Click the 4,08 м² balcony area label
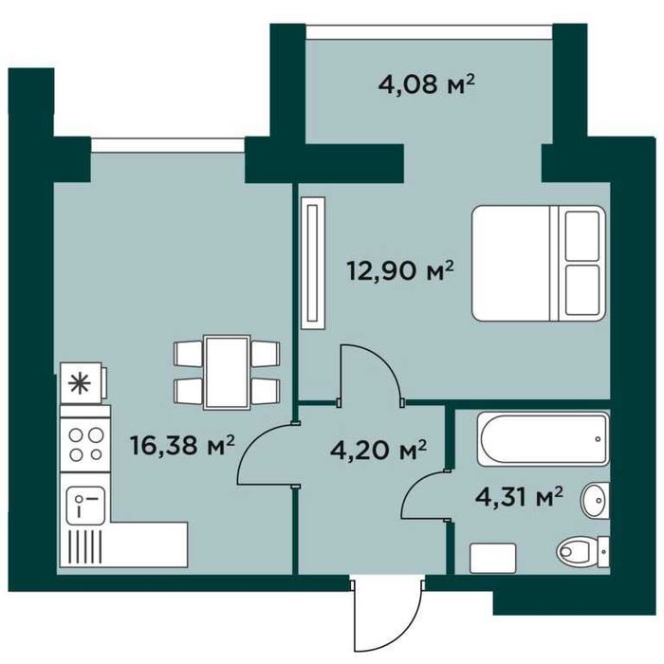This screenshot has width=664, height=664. click(426, 83)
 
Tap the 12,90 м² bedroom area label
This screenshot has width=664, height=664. click(400, 270)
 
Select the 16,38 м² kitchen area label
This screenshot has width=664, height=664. click(182, 446)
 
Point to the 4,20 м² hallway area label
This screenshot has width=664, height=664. click(378, 451)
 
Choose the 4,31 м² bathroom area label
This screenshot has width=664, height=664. click(519, 497)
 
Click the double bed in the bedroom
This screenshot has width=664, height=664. click(539, 263)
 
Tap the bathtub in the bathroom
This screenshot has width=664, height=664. click(543, 439)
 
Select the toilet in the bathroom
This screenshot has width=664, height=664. click(582, 551)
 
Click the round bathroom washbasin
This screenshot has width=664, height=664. click(596, 500)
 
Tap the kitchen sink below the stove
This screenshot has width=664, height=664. click(85, 506)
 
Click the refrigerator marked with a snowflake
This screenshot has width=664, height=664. click(83, 383)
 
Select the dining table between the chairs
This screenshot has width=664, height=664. click(227, 372)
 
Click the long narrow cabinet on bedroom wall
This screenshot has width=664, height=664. click(313, 263)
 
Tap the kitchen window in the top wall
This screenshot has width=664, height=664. click(168, 144)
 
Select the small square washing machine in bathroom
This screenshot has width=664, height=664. click(493, 558)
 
